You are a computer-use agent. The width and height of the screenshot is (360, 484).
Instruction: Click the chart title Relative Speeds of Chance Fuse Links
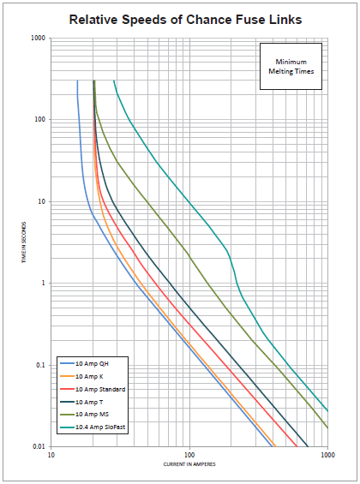pyautogui.click(x=179, y=18)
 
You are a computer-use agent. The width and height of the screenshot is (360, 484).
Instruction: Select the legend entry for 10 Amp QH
pyautogui.click(x=92, y=364)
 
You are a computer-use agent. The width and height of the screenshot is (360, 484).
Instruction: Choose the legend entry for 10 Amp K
pyautogui.click(x=90, y=376)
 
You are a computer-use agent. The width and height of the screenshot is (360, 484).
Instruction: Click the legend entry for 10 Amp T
pyautogui.click(x=90, y=401)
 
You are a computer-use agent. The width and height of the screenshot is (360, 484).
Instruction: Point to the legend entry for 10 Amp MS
pyautogui.click(x=92, y=413)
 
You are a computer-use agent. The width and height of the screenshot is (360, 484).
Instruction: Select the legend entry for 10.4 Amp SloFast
pyautogui.click(x=98, y=426)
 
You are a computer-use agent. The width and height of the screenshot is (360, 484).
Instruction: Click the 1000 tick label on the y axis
pyautogui.click(x=39, y=38)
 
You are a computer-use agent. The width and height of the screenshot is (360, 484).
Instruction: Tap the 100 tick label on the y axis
pyautogui.click(x=40, y=120)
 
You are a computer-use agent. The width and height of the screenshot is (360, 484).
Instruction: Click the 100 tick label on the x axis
pyautogui.click(x=189, y=456)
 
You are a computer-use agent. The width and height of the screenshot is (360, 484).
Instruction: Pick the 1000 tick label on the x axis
pyautogui.click(x=327, y=456)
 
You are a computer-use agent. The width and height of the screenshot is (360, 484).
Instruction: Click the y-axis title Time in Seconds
pyautogui.click(x=27, y=242)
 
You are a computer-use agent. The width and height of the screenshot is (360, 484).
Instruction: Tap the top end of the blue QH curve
pyautogui.click(x=77, y=81)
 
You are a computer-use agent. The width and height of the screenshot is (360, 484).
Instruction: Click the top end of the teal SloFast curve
pyautogui.click(x=114, y=81)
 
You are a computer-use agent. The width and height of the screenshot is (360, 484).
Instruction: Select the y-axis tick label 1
pyautogui.click(x=44, y=284)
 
